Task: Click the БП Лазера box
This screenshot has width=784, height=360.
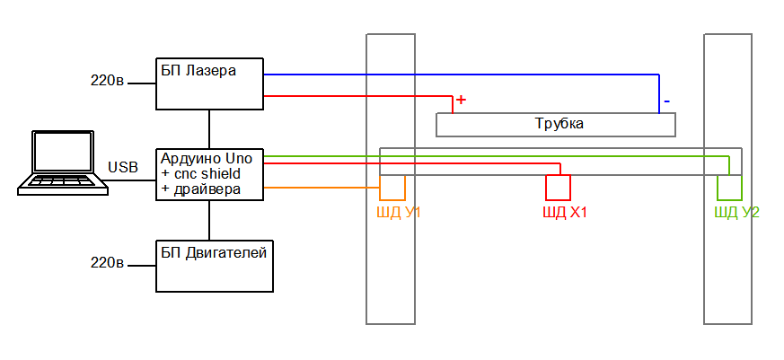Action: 209,83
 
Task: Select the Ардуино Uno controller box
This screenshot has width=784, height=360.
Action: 209,173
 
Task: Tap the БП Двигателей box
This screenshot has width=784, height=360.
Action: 215,266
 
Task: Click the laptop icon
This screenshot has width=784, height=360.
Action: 63,162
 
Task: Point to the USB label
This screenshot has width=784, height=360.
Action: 123,167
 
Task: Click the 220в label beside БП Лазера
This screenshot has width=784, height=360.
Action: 107,81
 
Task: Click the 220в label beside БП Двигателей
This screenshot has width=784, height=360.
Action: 107,263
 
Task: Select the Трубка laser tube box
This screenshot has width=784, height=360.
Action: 555,124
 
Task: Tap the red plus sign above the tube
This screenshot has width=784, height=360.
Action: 461,100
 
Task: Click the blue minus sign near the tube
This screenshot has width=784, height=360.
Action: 665,101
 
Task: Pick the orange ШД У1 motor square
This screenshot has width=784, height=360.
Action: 392,187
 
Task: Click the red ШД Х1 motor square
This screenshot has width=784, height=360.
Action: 559,187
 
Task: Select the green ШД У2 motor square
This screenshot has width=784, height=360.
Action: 729,187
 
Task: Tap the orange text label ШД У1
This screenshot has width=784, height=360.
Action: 400,213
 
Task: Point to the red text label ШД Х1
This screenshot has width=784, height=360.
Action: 565,213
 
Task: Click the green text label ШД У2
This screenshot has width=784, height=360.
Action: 736,213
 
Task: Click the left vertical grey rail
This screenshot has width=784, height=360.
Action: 391,269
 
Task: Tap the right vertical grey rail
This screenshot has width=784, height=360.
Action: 727,269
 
